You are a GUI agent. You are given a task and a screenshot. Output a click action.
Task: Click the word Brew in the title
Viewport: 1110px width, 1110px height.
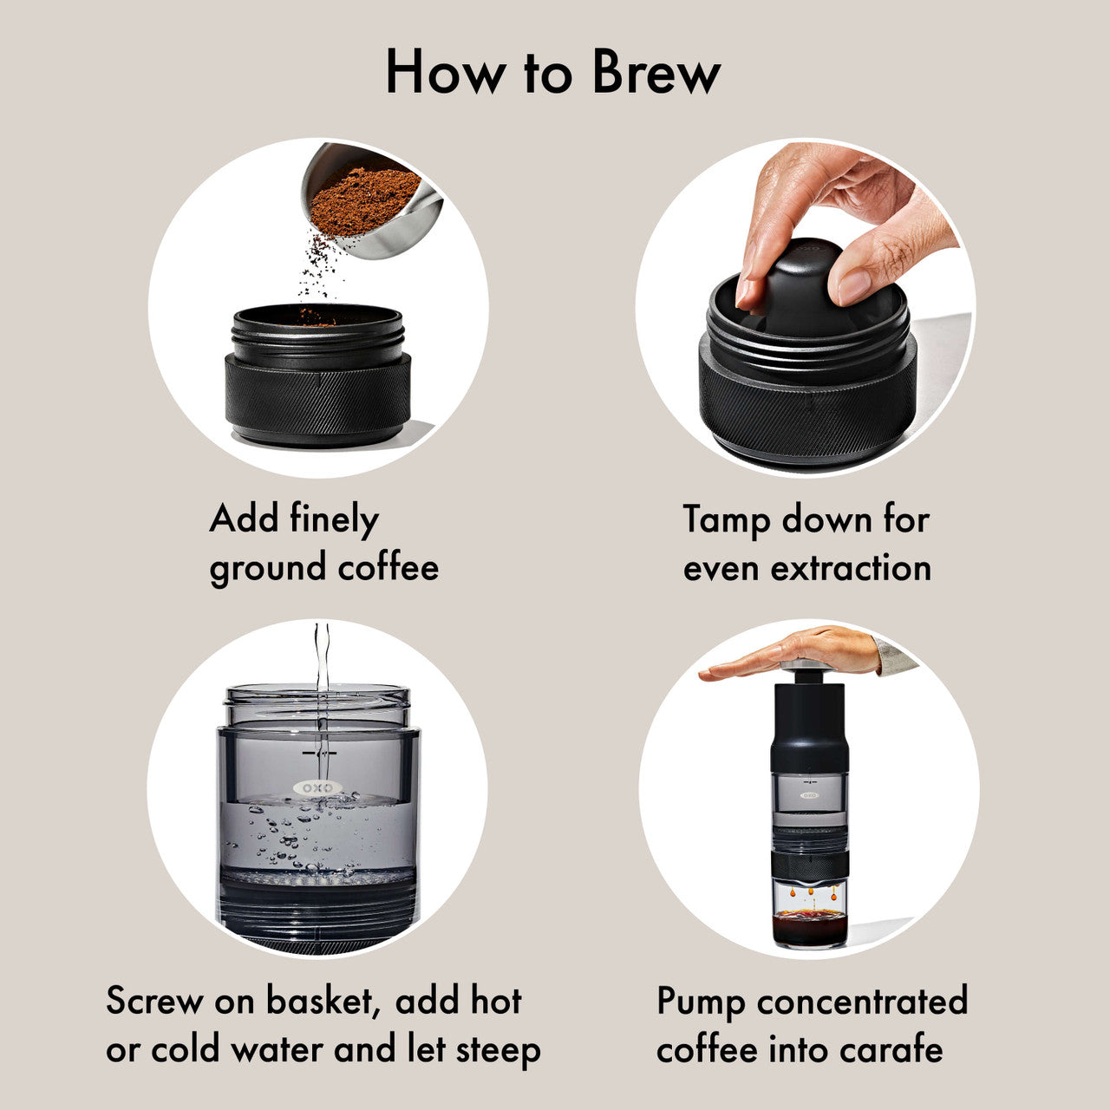(x=656, y=73)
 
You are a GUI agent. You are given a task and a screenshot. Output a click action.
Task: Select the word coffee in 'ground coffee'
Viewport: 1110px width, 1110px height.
(x=388, y=568)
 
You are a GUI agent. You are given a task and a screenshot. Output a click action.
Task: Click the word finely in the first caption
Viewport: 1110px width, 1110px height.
(x=334, y=520)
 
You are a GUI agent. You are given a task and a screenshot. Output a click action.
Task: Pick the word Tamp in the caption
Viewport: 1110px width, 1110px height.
(x=726, y=520)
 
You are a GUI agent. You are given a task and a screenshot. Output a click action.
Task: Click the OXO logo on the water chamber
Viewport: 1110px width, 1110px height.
(x=317, y=788)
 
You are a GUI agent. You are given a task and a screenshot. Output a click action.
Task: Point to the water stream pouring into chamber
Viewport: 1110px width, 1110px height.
(x=322, y=685)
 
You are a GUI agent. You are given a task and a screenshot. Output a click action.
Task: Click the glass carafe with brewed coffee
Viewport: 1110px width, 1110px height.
(x=808, y=915)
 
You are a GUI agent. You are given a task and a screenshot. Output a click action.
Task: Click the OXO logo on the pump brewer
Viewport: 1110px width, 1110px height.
(x=808, y=794)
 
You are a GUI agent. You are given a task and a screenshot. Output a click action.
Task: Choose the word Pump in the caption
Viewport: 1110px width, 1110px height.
(x=701, y=1002)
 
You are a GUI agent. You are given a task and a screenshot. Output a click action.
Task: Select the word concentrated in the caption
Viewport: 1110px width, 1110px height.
(x=862, y=1001)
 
